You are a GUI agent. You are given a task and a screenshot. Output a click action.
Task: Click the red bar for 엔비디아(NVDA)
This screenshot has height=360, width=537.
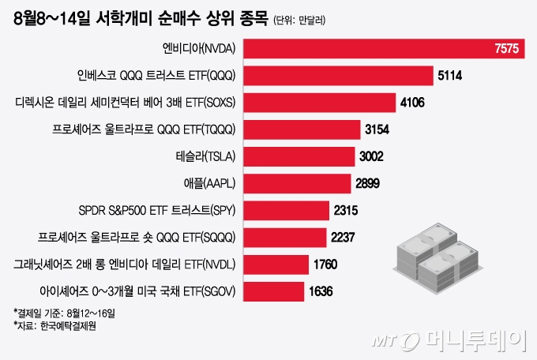tap(371, 49)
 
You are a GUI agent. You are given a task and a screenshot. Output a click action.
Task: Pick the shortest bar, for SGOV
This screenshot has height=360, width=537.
tap(273, 291)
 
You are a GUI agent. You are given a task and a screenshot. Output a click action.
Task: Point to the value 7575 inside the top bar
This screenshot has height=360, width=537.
tap(505, 49)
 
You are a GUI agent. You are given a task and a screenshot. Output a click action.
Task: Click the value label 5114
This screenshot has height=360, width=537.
tap(449, 76)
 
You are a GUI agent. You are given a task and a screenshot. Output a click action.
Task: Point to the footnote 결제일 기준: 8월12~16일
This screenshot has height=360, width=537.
tap(63, 313)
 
